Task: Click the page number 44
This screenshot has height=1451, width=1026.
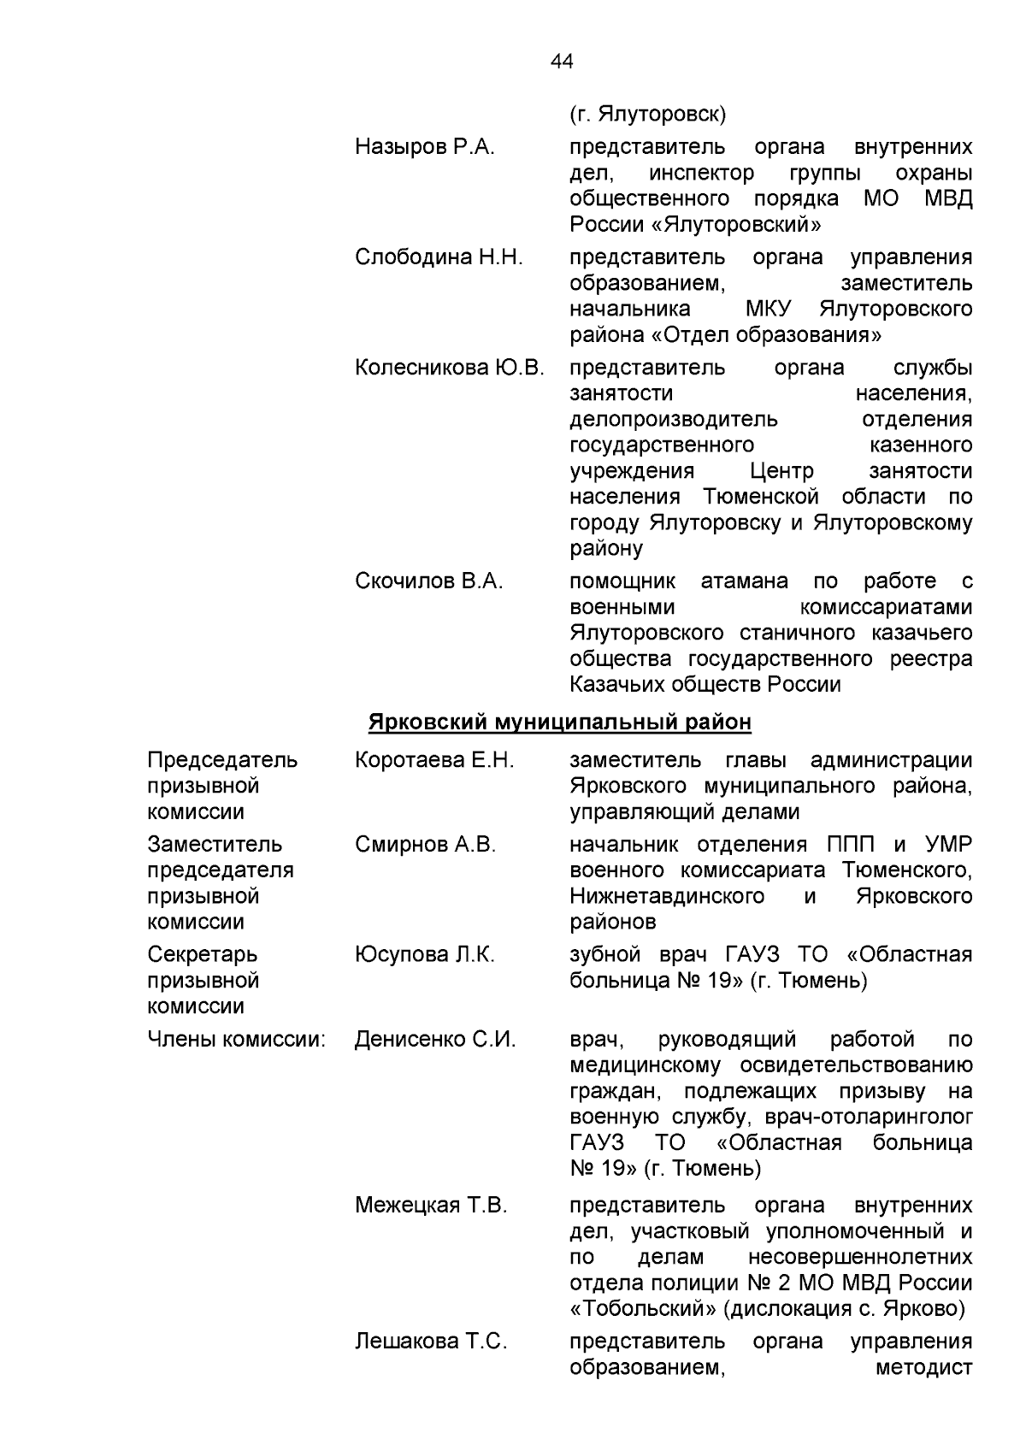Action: click(x=562, y=62)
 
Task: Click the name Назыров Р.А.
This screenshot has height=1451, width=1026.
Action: click(x=425, y=147)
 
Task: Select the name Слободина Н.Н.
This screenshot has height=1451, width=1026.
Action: click(x=439, y=257)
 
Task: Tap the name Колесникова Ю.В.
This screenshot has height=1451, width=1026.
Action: click(x=450, y=369)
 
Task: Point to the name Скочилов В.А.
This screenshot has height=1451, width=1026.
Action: click(x=429, y=581)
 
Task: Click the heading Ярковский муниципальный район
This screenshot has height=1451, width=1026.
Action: click(x=560, y=723)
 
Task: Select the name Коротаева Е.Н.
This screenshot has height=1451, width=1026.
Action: click(x=434, y=760)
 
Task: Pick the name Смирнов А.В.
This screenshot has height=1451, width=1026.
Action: click(x=425, y=845)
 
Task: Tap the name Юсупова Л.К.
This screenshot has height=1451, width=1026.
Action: click(x=425, y=955)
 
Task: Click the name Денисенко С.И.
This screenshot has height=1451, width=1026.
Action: click(x=435, y=1040)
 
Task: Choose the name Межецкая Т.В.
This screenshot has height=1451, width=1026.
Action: click(x=431, y=1206)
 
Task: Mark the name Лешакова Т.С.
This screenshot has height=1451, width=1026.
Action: click(x=431, y=1342)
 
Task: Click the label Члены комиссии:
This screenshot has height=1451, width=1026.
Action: click(x=237, y=1040)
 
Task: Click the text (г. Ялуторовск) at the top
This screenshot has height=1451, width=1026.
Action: click(x=647, y=114)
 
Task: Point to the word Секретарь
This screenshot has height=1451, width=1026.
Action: click(x=203, y=955)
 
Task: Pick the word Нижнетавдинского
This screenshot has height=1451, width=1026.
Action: click(x=667, y=896)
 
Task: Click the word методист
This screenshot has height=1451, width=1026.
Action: click(x=924, y=1367)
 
